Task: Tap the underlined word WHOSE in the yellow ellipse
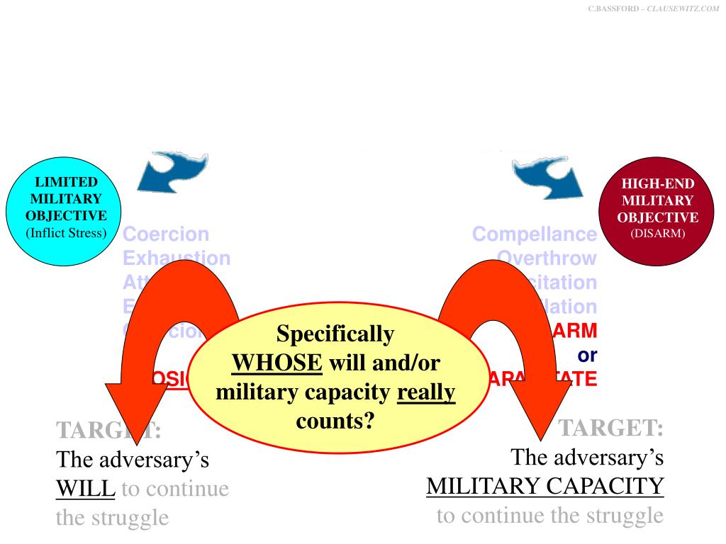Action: click(x=277, y=363)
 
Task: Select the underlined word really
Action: click(x=425, y=392)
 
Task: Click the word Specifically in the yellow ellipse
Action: click(x=335, y=334)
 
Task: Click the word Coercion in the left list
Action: click(x=166, y=234)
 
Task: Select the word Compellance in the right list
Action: click(x=535, y=234)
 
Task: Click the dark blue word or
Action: click(x=587, y=354)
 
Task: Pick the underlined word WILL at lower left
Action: click(x=85, y=488)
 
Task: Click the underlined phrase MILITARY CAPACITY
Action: click(x=544, y=487)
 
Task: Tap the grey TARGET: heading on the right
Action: click(x=611, y=429)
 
